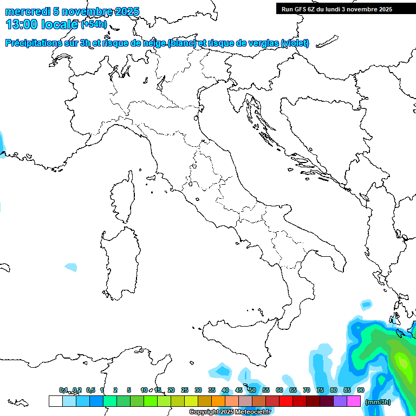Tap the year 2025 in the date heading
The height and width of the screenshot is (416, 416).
(x=126, y=11)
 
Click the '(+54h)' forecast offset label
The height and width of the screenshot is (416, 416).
(x=93, y=24)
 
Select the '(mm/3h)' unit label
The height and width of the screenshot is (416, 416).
(x=378, y=402)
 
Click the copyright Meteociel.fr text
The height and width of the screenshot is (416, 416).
(x=230, y=412)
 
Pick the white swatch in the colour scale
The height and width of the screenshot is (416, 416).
(x=55, y=401)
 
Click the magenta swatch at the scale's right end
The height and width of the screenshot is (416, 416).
(x=354, y=401)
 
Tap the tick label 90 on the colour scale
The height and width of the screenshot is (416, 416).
(x=360, y=390)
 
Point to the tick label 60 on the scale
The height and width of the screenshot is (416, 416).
(x=279, y=390)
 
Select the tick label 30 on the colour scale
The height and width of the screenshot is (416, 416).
(x=198, y=390)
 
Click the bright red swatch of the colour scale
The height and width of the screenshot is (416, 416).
(x=286, y=401)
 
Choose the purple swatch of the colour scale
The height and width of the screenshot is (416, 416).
(x=340, y=401)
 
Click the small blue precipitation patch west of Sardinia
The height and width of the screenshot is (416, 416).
(x=71, y=267)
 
